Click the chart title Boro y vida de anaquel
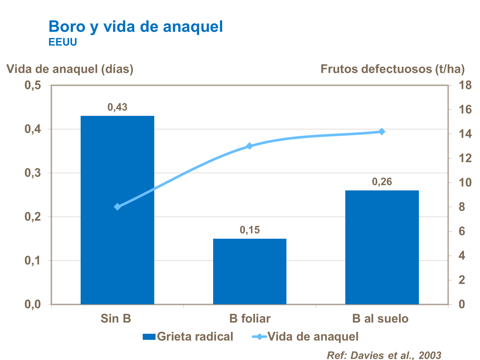click(136, 27)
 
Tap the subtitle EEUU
click(63, 42)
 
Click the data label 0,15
click(250, 230)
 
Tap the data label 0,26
click(382, 182)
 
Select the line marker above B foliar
click(250, 146)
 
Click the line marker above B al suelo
click(382, 132)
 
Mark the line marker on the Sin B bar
click(117, 207)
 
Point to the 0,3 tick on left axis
click(33, 173)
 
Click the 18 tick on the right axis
click(465, 85)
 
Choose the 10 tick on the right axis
click(465, 183)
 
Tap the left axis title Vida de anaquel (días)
click(70, 69)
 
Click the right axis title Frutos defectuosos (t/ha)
click(392, 69)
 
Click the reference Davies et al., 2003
click(384, 355)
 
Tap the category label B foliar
click(250, 319)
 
